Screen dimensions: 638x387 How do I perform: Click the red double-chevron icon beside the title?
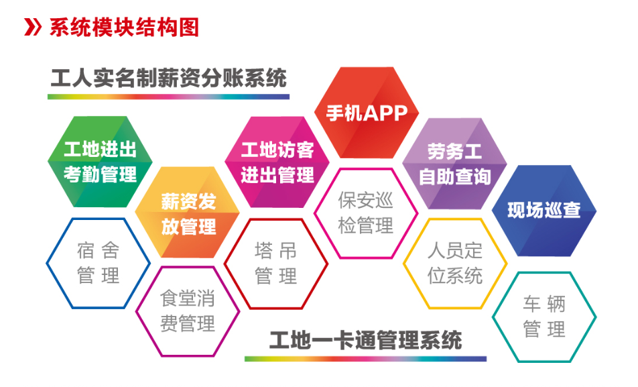(33, 27)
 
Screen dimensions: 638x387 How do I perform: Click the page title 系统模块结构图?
(124, 27)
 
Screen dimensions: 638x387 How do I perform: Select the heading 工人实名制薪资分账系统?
(168, 78)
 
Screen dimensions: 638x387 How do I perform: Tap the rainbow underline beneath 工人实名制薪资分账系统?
(168, 97)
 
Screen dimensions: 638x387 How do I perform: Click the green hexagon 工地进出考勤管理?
(100, 162)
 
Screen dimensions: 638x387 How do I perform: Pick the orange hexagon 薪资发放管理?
(188, 212)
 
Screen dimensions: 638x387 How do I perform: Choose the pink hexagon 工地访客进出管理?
(277, 162)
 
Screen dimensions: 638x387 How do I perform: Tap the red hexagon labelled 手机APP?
(367, 113)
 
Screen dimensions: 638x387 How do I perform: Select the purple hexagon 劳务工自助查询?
(455, 164)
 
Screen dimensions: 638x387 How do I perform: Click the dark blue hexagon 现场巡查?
(544, 211)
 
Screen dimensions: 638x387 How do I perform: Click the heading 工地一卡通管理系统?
(365, 341)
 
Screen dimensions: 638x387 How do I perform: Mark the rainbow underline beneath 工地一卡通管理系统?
(365, 359)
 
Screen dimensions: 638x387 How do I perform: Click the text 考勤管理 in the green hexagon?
(100, 174)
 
